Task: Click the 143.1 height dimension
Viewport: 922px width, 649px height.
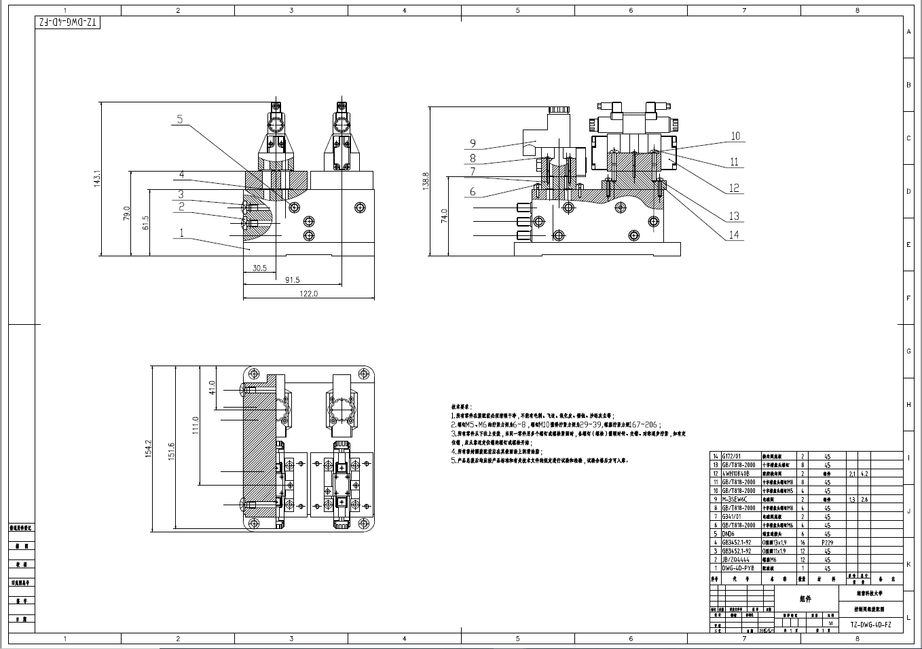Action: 97,179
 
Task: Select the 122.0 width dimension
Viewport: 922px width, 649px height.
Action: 309,294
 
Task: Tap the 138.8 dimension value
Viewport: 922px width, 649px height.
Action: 426,181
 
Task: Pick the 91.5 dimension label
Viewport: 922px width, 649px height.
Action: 293,279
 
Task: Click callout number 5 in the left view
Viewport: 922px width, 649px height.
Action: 180,119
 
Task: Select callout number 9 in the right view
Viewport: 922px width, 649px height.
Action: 473,143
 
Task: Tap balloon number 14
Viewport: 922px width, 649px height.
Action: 734,235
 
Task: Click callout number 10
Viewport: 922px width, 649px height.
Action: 735,136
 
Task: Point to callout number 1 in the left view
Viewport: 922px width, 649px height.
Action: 181,233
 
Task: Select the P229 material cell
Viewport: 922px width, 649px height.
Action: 827,543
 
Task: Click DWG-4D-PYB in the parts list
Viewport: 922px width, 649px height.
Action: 737,568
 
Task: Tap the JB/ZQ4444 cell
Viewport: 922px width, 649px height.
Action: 735,560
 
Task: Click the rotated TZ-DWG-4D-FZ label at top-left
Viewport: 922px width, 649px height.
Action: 68,23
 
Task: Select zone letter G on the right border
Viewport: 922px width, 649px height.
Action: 908,351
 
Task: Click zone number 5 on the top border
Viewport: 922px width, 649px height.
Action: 517,10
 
